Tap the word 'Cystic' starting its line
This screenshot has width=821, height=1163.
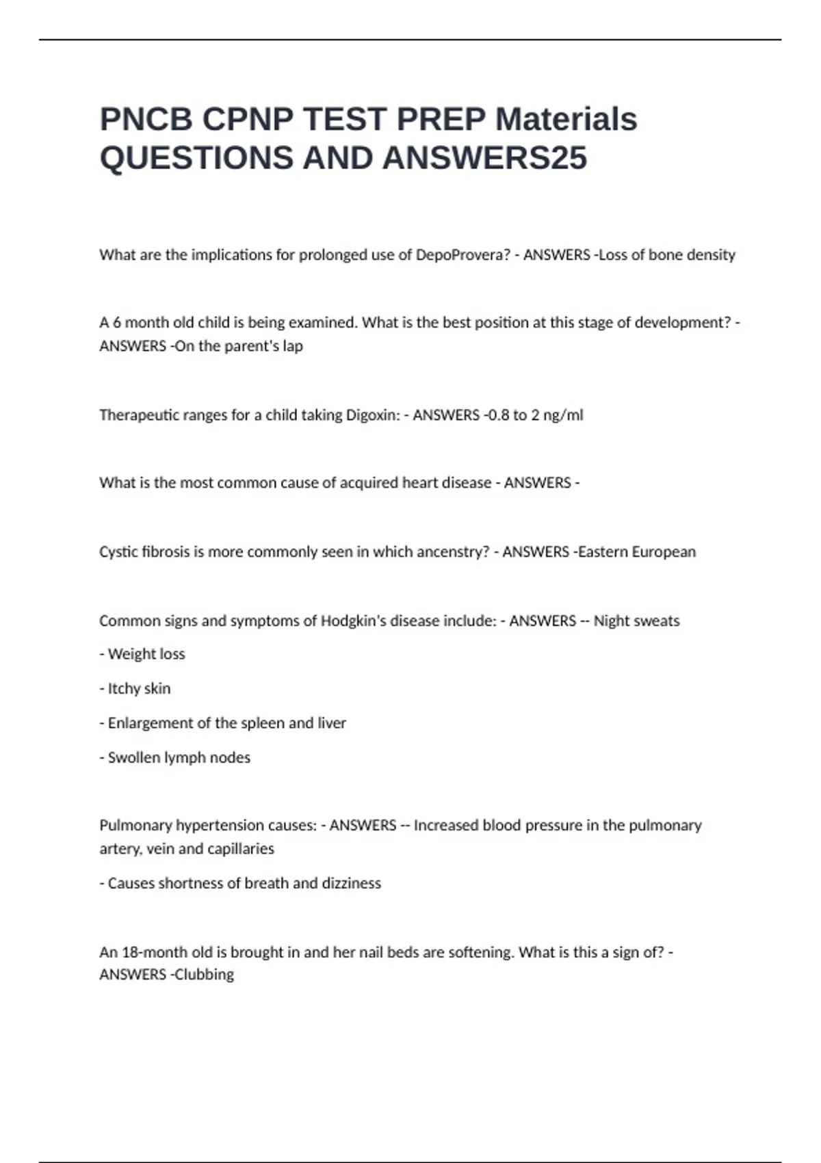pos(118,552)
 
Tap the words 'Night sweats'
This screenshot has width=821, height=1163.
pos(636,621)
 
